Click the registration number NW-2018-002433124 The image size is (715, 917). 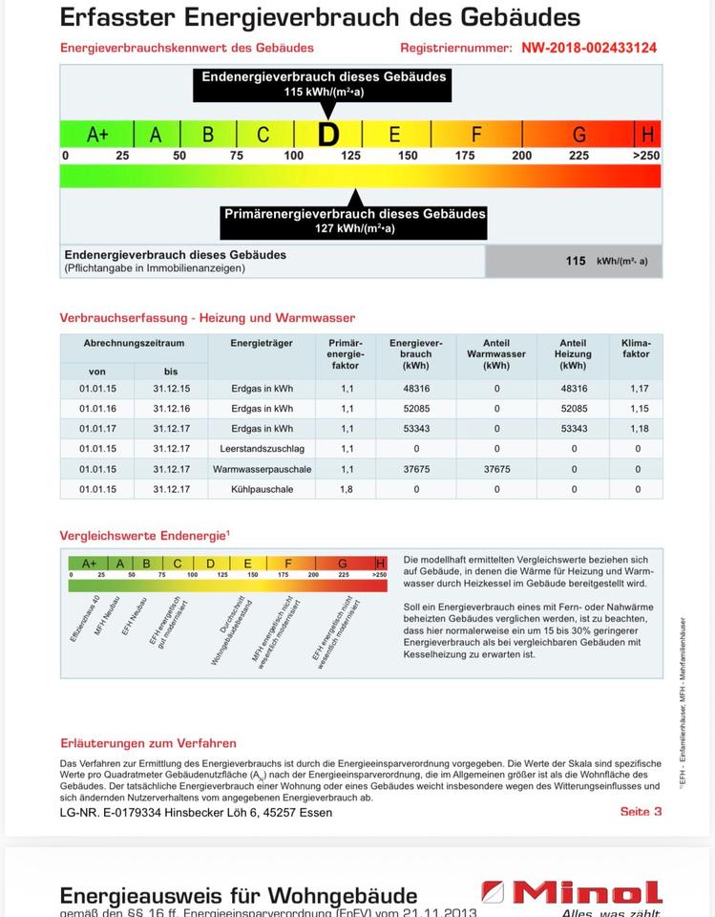pyautogui.click(x=589, y=48)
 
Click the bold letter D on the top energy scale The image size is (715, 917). pyautogui.click(x=327, y=135)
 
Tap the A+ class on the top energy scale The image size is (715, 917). pyautogui.click(x=97, y=135)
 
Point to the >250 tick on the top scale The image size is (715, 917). pyautogui.click(x=646, y=156)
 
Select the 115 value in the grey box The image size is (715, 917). pyautogui.click(x=575, y=261)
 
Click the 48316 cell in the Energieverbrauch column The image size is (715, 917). pyautogui.click(x=416, y=389)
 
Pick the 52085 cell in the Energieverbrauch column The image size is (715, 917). pyautogui.click(x=416, y=409)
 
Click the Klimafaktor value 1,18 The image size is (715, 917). pyautogui.click(x=639, y=429)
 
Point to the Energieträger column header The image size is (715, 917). pyautogui.click(x=262, y=343)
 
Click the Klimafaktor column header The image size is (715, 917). pyautogui.click(x=636, y=348)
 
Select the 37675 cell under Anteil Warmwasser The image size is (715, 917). pyautogui.click(x=496, y=469)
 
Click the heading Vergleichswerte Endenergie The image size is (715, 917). pyautogui.click(x=145, y=536)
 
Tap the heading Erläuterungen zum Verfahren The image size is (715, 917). pyautogui.click(x=148, y=743)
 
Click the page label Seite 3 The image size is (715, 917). pyautogui.click(x=641, y=812)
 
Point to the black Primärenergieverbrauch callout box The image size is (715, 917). pyautogui.click(x=354, y=221)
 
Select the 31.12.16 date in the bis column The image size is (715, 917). pyautogui.click(x=171, y=409)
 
